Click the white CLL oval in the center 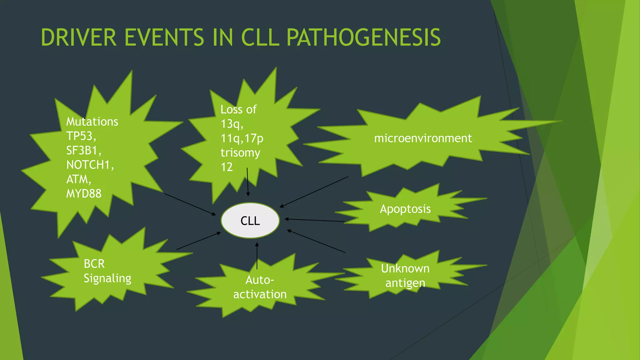click(x=250, y=221)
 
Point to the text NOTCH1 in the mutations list click(x=89, y=165)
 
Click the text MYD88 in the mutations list click(x=84, y=194)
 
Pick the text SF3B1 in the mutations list click(x=83, y=150)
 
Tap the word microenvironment click(x=423, y=138)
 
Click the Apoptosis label click(x=405, y=209)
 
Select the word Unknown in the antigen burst click(x=405, y=268)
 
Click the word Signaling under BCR click(x=107, y=278)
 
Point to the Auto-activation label click(x=260, y=287)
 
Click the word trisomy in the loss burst click(x=240, y=152)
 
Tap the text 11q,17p click(x=242, y=138)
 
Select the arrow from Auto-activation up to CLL click(x=257, y=256)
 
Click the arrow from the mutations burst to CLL click(x=190, y=204)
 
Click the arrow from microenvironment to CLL click(x=314, y=192)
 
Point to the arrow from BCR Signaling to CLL click(x=198, y=241)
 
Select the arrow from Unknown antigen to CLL click(x=316, y=241)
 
